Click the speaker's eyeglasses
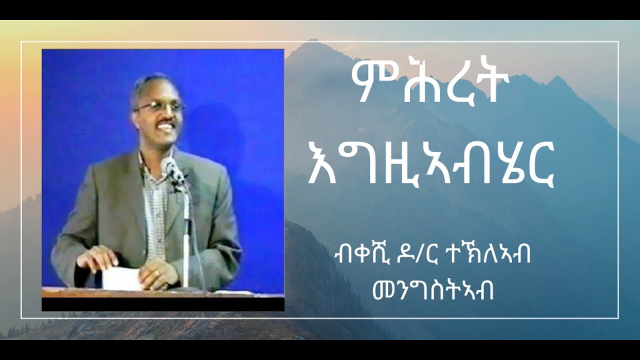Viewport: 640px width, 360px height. tap(159, 106)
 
